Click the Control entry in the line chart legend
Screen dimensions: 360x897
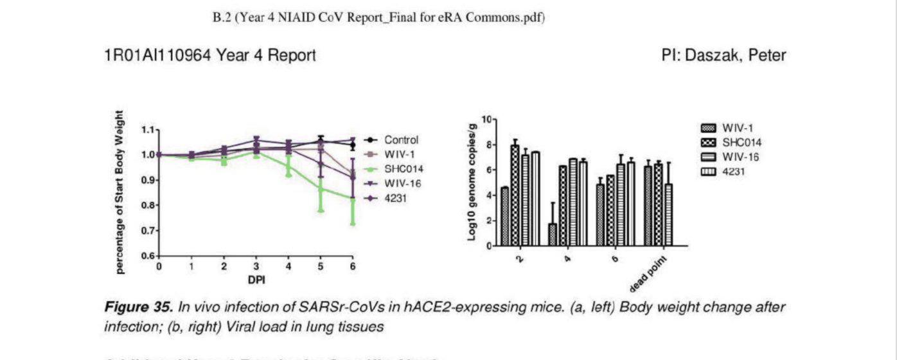tap(401, 139)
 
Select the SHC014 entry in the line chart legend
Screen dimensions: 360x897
tap(403, 169)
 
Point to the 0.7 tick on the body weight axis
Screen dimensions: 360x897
tap(147, 230)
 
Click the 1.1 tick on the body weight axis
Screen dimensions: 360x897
tap(147, 130)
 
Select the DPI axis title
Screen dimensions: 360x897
tap(256, 280)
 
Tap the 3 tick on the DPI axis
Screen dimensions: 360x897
tap(256, 266)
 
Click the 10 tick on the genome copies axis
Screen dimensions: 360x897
tap(486, 120)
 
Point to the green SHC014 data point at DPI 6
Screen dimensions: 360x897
tap(352, 199)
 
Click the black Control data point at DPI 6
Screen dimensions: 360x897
tap(352, 145)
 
